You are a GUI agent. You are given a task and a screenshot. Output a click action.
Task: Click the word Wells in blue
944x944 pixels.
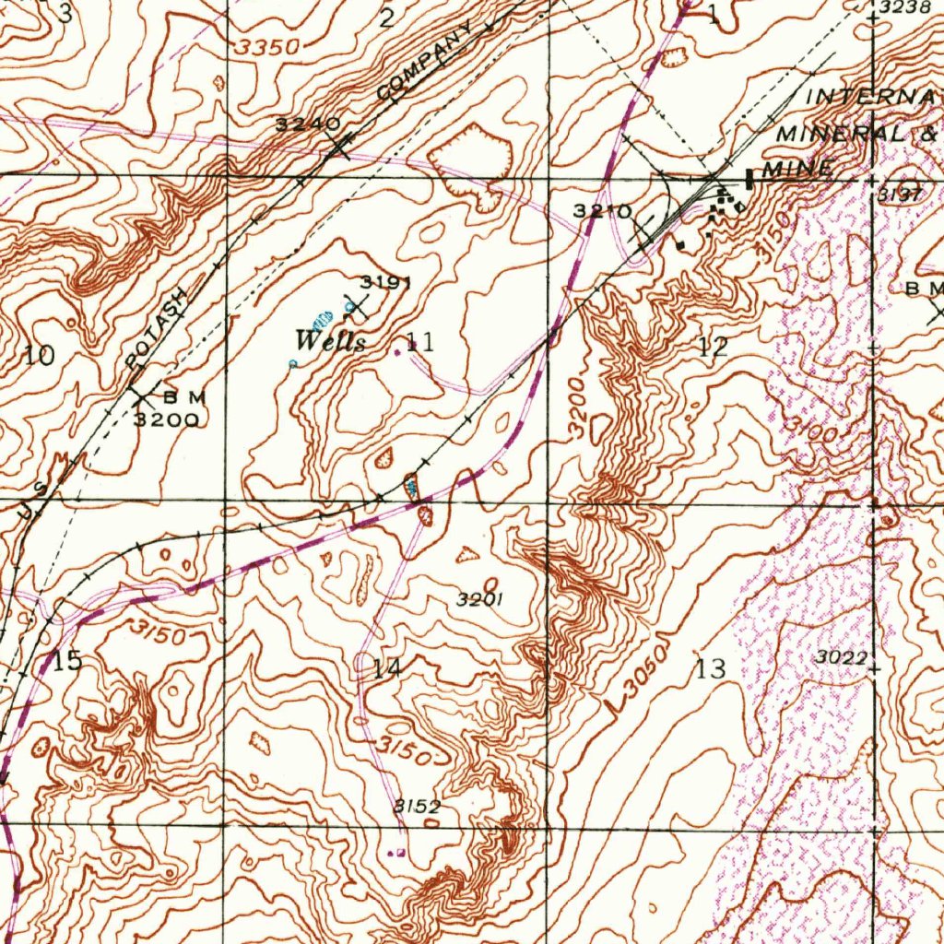pyautogui.click(x=330, y=341)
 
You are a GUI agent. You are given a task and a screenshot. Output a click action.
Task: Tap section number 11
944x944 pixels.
pyautogui.click(x=419, y=344)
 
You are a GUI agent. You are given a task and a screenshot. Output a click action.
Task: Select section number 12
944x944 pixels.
pyautogui.click(x=713, y=348)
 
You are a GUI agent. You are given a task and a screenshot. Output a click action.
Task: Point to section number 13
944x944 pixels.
pyautogui.click(x=712, y=669)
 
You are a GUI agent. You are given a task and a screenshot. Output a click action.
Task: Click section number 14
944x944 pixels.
pyautogui.click(x=386, y=669)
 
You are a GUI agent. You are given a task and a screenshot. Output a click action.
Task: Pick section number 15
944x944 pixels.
pyautogui.click(x=67, y=661)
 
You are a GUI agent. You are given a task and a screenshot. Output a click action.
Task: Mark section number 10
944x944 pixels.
pyautogui.click(x=40, y=356)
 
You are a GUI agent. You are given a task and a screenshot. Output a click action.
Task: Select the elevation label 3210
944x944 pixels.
pyautogui.click(x=602, y=211)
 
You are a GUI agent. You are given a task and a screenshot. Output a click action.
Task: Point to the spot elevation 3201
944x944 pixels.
pyautogui.click(x=479, y=599)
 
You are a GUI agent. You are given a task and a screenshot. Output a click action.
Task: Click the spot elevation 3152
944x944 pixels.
pyautogui.click(x=418, y=806)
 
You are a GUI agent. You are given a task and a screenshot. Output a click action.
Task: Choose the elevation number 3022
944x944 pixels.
pyautogui.click(x=841, y=656)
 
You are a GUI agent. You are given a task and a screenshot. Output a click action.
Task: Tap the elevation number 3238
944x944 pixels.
pyautogui.click(x=901, y=7)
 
